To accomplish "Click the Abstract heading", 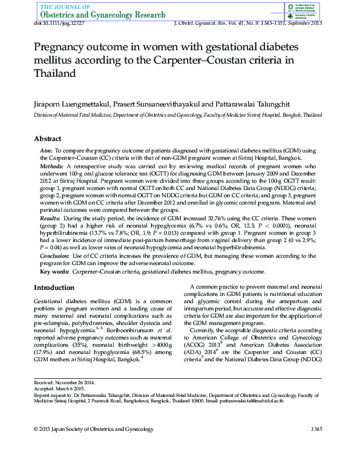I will (x=47, y=139).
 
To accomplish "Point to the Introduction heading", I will (x=54, y=287).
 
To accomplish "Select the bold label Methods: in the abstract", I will (x=51, y=165).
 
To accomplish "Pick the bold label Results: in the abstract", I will (x=50, y=217).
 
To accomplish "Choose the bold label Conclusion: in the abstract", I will (x=54, y=256).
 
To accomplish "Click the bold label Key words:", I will (x=55, y=272).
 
